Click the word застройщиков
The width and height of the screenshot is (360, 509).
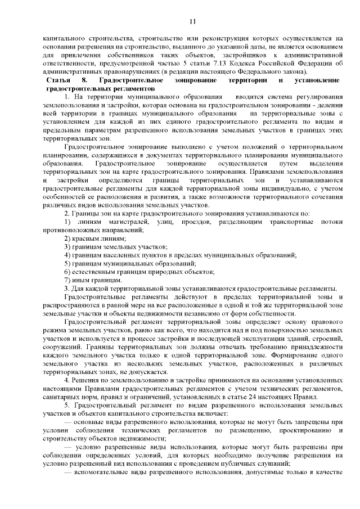[x=242, y=56]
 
